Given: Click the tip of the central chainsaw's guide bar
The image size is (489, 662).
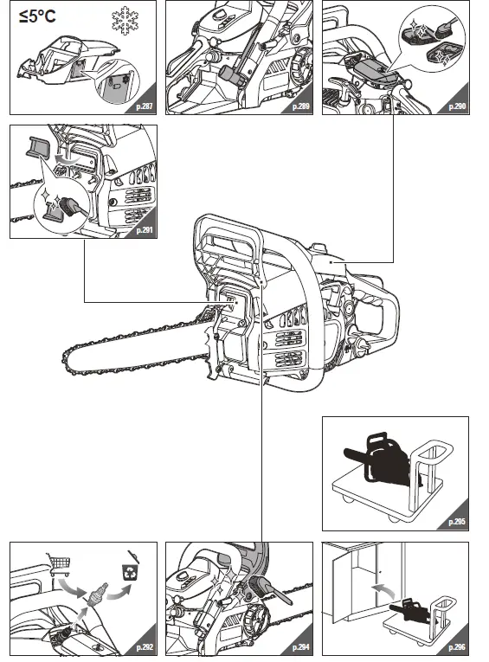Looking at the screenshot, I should [x=66, y=357].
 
